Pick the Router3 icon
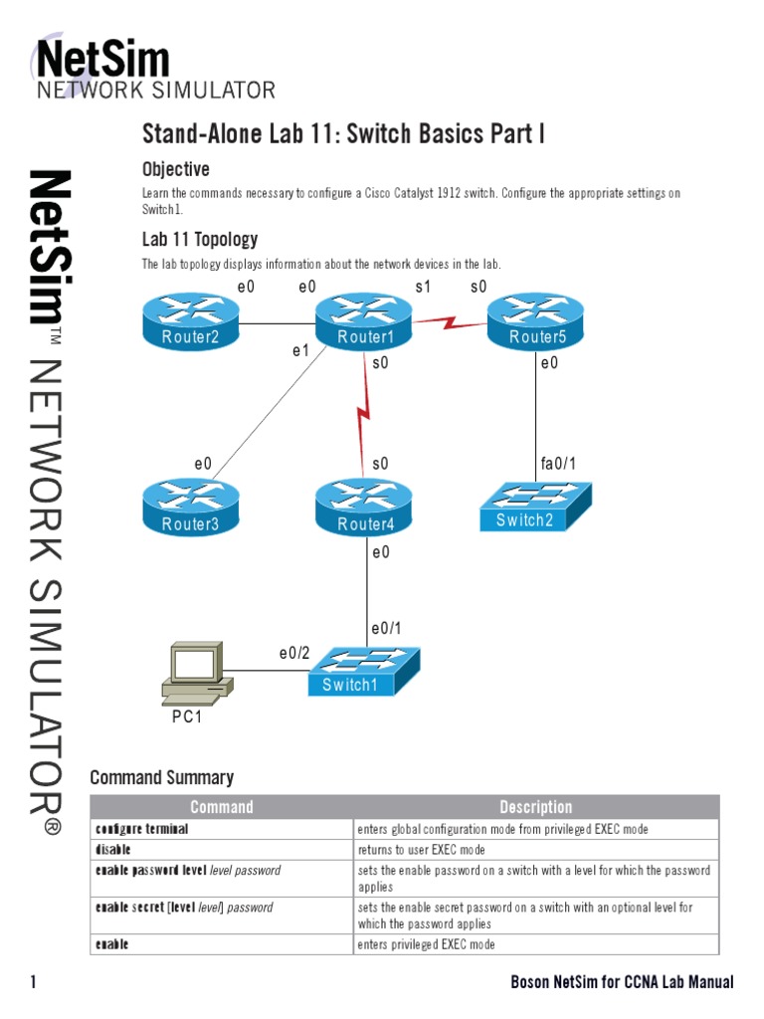click(x=190, y=509)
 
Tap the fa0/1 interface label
click(x=558, y=464)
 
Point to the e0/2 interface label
click(x=294, y=654)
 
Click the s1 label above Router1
click(x=423, y=287)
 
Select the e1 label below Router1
click(x=300, y=350)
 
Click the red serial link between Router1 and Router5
click(x=450, y=321)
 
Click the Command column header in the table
click(x=221, y=807)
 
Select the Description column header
click(x=535, y=807)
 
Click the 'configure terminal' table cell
click(x=141, y=829)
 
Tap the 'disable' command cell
click(x=113, y=850)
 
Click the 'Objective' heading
click(x=175, y=169)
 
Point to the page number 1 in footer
click(x=34, y=982)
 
